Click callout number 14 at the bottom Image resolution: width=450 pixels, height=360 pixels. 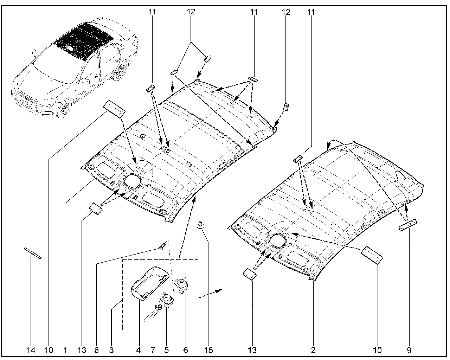tap(31, 350)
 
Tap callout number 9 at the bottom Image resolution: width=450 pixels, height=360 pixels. tap(409, 350)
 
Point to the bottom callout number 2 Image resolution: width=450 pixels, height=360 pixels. tap(313, 350)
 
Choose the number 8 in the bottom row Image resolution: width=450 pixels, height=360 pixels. tap(96, 350)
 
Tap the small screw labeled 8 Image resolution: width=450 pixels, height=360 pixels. tap(162, 248)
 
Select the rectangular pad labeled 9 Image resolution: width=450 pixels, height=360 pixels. tap(408, 225)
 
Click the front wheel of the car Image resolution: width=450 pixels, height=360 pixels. tap(64, 108)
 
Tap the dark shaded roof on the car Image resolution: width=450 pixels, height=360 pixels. tap(83, 40)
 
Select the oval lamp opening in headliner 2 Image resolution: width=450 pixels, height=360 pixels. tap(278, 242)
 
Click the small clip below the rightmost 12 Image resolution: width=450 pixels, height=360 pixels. tap(286, 107)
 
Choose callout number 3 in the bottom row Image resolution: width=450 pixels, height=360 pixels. tap(111, 350)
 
